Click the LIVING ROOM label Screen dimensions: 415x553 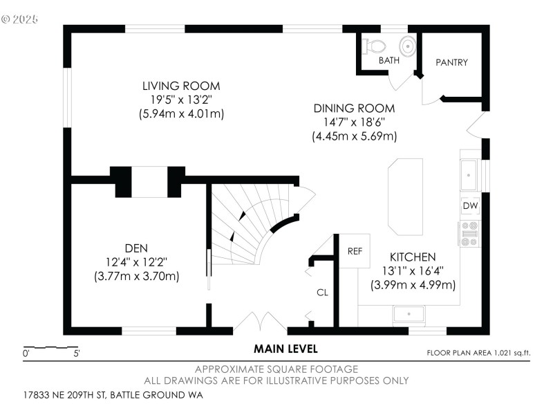coord(181,86)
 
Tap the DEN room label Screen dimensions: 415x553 coord(136,248)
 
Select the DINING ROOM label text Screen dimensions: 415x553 coord(354,109)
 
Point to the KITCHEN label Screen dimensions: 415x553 coord(413,257)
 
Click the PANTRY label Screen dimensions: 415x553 coord(451,62)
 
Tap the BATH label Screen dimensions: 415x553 coord(388,61)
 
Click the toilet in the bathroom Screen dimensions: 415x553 coord(375,46)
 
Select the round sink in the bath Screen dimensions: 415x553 coord(409,46)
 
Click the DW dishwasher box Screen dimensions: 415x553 coord(470,206)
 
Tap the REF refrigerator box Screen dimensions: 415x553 coord(355,251)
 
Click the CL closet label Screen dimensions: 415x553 coord(322,293)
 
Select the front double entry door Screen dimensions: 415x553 coord(259,322)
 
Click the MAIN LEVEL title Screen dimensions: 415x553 coord(285,349)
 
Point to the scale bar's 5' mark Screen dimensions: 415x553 coord(76,353)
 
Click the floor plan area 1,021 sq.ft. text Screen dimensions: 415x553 coord(478,353)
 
